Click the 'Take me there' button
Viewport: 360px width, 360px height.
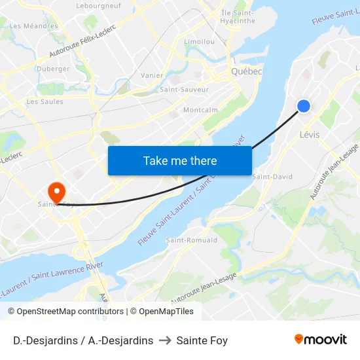click(180, 160)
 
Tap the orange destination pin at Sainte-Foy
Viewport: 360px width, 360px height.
click(57, 191)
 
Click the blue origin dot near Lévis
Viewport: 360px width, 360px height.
click(304, 106)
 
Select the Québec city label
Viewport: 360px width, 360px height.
click(247, 71)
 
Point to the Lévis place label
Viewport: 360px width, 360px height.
click(309, 135)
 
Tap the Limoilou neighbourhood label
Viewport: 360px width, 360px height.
click(200, 41)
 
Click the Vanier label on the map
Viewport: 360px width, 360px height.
click(152, 75)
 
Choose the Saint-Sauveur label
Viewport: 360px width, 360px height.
click(185, 89)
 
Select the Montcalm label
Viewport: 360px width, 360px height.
click(200, 110)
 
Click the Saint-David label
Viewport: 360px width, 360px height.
click(272, 177)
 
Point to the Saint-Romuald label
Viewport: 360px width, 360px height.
click(192, 240)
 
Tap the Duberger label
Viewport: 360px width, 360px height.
click(54, 69)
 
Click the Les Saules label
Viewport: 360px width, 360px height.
click(45, 102)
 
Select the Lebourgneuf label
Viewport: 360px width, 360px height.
click(98, 5)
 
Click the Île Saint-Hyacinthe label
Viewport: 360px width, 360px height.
click(238, 16)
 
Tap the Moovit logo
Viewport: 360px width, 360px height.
click(320, 340)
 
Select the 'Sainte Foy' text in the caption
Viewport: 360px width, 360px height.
click(202, 340)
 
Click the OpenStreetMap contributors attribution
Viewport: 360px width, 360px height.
click(70, 312)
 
